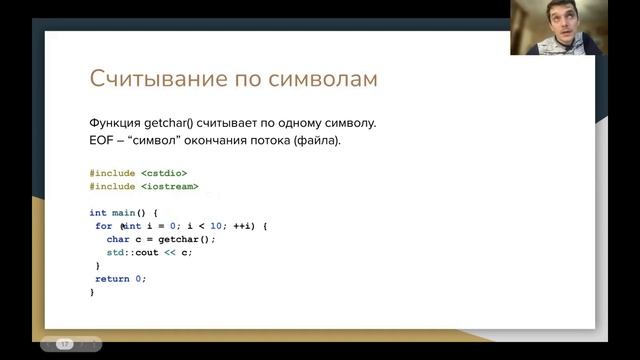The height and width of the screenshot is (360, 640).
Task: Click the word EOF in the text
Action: tap(102, 140)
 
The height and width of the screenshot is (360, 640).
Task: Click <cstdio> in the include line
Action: tap(164, 173)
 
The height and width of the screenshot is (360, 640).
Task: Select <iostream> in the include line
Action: tap(169, 186)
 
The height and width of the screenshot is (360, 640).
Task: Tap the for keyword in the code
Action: tap(103, 226)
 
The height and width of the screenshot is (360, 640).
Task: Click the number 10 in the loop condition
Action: tap(216, 226)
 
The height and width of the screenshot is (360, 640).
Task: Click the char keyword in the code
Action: tap(117, 239)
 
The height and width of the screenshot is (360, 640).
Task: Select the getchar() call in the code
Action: tap(186, 239)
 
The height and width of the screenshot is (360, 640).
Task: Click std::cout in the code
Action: tap(138, 252)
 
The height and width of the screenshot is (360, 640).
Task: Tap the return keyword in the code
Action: tap(113, 279)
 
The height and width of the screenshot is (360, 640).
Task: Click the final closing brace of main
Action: tap(92, 292)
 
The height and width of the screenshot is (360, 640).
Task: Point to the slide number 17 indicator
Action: tap(65, 343)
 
